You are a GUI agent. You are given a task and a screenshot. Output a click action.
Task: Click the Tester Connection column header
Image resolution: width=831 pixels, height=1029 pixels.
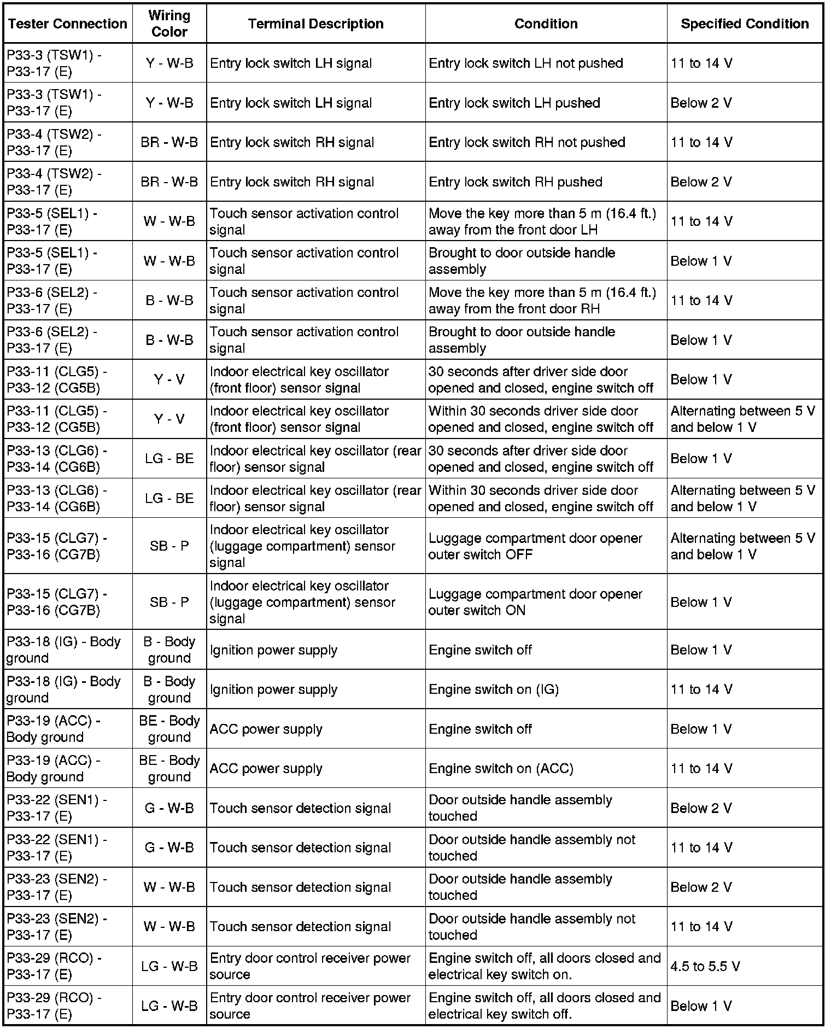[68, 24]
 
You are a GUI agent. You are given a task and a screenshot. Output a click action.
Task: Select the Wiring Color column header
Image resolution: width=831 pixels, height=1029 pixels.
[169, 24]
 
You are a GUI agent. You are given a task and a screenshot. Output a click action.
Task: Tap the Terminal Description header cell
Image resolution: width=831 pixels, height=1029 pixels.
[315, 24]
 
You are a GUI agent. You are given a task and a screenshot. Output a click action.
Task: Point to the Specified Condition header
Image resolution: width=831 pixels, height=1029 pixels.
[744, 24]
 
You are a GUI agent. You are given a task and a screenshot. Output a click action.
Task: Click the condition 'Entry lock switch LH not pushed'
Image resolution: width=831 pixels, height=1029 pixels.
[525, 63]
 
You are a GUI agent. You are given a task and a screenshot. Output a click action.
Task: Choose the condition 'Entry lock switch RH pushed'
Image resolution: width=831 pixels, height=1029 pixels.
[515, 182]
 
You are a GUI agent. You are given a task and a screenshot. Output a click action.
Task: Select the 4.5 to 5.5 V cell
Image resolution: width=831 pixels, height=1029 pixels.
[705, 966]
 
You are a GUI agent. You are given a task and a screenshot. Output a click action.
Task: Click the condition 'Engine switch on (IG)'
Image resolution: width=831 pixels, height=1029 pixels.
[493, 689]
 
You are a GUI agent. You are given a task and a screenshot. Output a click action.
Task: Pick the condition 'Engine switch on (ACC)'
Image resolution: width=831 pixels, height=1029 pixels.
[501, 769]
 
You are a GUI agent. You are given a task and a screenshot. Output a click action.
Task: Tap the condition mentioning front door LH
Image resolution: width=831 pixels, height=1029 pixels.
[542, 221]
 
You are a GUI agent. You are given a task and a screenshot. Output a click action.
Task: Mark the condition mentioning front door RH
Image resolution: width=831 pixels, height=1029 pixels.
[542, 301]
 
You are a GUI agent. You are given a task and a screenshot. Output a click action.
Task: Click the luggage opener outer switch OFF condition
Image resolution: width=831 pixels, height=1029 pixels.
[535, 546]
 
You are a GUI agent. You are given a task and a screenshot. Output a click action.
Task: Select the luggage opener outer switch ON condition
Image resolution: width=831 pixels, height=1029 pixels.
[535, 602]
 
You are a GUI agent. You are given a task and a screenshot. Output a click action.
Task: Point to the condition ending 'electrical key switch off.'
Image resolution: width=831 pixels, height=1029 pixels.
[545, 1006]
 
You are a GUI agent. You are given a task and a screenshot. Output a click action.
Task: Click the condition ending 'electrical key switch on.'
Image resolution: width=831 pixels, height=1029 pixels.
[545, 966]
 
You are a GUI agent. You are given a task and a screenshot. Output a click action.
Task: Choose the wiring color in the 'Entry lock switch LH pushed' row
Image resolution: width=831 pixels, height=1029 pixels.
[169, 103]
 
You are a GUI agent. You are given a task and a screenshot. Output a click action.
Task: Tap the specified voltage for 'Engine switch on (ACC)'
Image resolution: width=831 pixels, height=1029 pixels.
[701, 769]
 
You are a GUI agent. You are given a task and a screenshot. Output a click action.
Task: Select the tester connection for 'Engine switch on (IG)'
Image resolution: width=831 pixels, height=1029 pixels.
[63, 689]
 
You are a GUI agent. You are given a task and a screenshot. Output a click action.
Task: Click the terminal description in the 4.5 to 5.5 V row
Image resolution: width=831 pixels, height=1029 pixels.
[310, 966]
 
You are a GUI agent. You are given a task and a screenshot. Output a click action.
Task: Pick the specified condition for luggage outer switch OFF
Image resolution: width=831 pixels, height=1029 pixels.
[742, 546]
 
